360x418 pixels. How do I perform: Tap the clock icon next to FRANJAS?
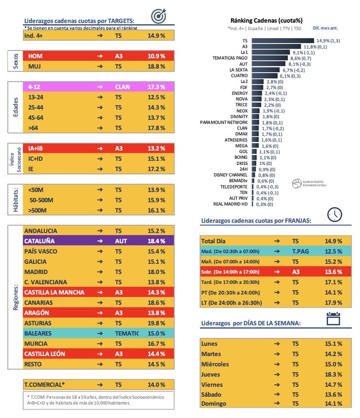point(335,213)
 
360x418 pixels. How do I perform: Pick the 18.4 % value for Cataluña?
point(156,241)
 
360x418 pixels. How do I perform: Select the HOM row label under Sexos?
point(36,56)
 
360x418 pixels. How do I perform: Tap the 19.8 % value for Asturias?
point(156,323)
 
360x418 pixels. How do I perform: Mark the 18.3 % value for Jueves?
point(333,374)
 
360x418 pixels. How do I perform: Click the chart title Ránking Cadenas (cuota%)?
point(267,20)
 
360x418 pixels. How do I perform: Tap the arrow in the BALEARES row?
point(100,333)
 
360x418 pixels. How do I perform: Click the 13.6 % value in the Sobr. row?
point(333,272)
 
